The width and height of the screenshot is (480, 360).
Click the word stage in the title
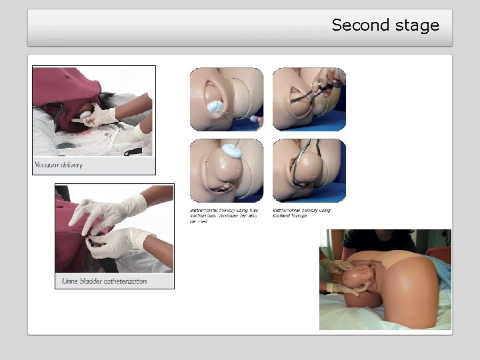(x=415, y=26)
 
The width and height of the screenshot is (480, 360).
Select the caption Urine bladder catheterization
(x=104, y=281)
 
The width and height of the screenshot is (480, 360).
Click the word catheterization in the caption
(x=125, y=281)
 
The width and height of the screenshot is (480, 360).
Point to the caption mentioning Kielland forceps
(x=301, y=213)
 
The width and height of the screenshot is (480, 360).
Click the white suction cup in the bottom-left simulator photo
(x=231, y=151)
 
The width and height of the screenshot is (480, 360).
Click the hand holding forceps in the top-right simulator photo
(x=329, y=78)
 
